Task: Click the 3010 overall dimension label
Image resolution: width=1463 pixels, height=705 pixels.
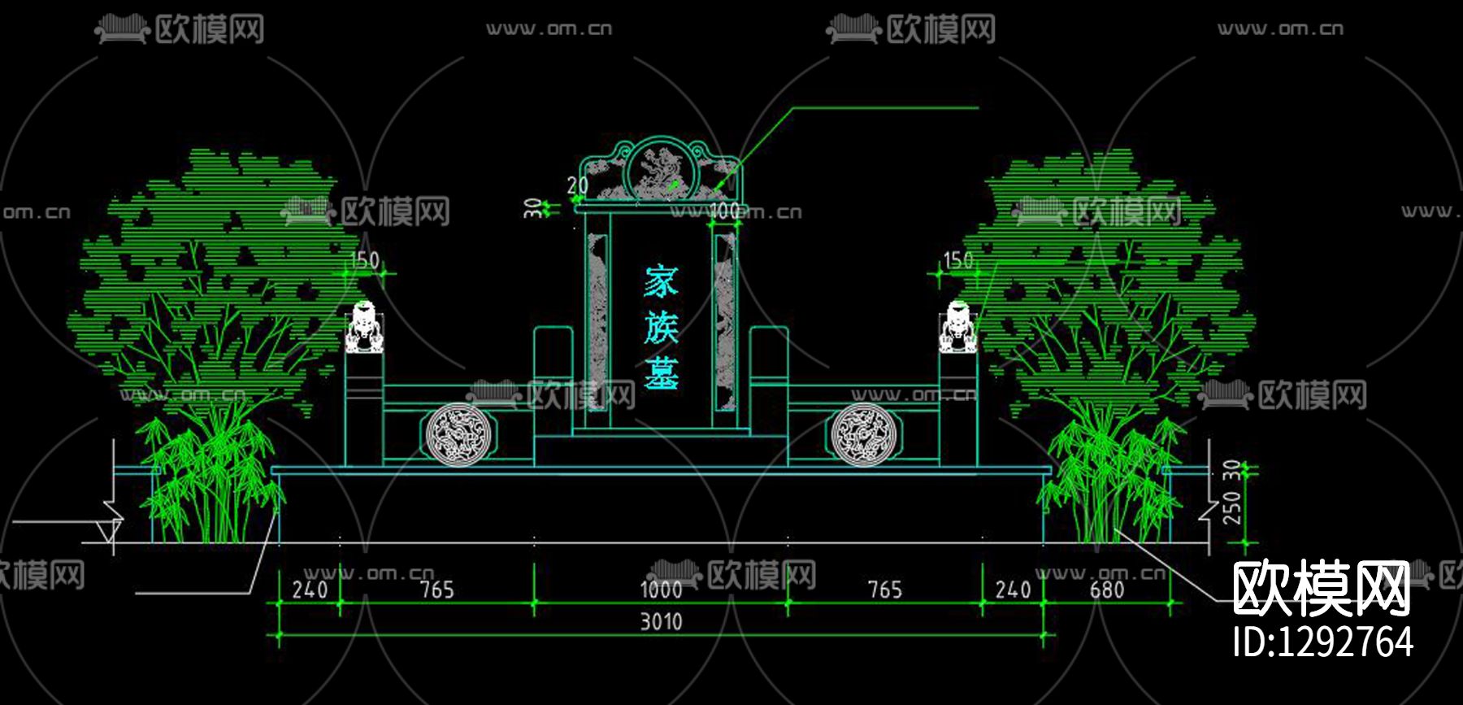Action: [660, 622]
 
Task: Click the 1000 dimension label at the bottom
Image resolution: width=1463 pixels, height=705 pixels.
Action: [660, 589]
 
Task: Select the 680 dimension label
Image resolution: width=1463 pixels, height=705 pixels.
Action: [1106, 589]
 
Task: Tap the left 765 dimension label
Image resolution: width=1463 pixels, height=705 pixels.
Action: [436, 589]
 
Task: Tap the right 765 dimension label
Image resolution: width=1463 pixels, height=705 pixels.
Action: [884, 589]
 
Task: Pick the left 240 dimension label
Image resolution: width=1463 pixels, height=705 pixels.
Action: [310, 589]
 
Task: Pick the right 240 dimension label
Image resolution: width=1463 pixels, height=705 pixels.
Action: [1013, 589]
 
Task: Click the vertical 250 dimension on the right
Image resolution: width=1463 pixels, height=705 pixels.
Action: [1233, 507]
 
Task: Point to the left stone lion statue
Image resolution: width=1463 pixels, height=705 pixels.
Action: [364, 327]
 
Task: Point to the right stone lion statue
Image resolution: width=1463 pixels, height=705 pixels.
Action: [958, 327]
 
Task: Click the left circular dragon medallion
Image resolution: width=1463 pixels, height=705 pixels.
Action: [458, 435]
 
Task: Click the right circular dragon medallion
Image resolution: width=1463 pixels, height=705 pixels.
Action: [862, 435]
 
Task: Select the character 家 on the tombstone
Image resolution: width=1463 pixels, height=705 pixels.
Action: [661, 282]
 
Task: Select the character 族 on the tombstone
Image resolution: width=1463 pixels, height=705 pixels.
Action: [661, 328]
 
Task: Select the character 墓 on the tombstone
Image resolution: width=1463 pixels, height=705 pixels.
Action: [661, 374]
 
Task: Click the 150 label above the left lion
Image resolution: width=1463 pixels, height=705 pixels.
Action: [364, 260]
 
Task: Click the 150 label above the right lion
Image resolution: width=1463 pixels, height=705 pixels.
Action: [957, 260]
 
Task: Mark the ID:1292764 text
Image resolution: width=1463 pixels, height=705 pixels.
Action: [1322, 642]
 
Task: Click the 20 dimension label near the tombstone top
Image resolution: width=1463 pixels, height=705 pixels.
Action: [577, 185]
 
